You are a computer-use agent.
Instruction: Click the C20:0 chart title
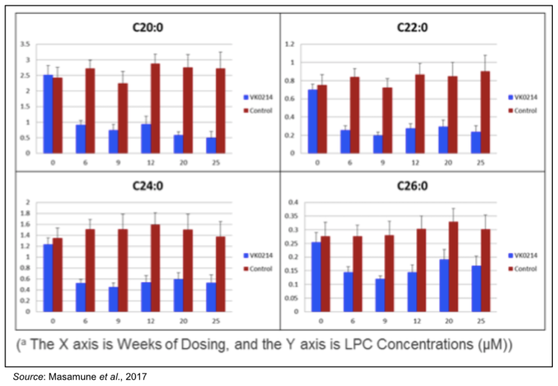(x=148, y=28)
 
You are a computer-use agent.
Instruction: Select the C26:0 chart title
(x=412, y=186)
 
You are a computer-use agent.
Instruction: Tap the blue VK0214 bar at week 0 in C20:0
(x=48, y=114)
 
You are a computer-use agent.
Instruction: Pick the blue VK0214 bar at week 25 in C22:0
(x=476, y=143)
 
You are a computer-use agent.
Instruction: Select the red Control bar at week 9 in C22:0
(x=387, y=120)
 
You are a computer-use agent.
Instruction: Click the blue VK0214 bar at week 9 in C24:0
(x=113, y=299)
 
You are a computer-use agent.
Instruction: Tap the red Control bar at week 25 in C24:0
(x=220, y=274)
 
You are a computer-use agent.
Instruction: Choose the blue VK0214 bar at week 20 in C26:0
(x=444, y=286)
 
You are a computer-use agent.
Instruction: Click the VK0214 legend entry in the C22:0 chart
(x=523, y=97)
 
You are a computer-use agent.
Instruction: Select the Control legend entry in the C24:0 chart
(x=258, y=269)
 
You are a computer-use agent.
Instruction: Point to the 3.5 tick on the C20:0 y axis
(x=25, y=44)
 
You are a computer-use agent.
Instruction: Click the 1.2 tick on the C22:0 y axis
(x=290, y=44)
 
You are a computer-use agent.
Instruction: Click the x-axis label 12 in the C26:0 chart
(x=417, y=321)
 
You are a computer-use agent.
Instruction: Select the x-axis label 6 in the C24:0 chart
(x=85, y=321)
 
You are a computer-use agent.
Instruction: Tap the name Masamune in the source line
(x=73, y=377)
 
